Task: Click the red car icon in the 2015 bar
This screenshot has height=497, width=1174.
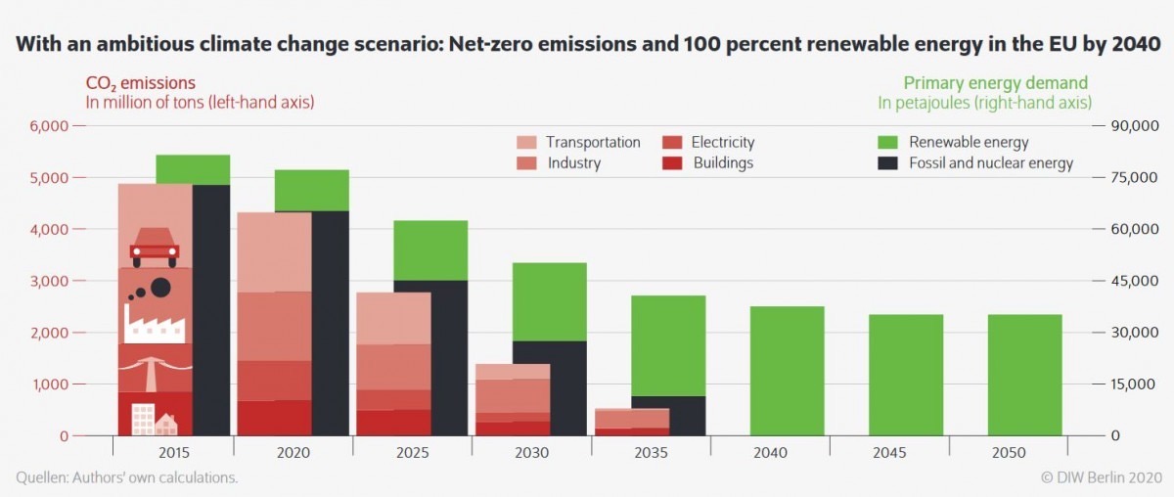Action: (155, 247)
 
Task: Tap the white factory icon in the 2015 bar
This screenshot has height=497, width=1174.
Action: (154, 322)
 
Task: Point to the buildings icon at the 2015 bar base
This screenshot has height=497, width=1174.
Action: (154, 420)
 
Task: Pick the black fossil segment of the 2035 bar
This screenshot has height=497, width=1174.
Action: (668, 415)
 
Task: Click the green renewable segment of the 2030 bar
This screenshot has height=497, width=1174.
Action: (550, 301)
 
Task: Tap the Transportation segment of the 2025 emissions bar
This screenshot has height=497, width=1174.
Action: (393, 318)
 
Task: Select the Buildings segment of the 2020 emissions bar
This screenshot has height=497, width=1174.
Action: (274, 417)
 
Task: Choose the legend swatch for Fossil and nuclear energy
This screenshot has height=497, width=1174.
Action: (890, 163)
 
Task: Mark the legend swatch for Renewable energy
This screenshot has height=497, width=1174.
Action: (890, 143)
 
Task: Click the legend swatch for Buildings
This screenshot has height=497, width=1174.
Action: (671, 163)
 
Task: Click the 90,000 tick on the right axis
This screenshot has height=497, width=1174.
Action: (1132, 126)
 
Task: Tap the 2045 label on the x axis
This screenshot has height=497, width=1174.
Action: (889, 453)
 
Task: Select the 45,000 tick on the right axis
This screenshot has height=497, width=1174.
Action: (1132, 281)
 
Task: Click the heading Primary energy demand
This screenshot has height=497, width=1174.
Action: (995, 83)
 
